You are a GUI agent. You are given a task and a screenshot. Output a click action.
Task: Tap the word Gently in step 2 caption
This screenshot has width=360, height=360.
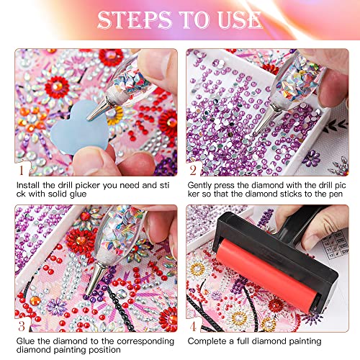coord(204,186)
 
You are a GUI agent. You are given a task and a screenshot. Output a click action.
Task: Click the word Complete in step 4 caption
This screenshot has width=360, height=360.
coord(210,341)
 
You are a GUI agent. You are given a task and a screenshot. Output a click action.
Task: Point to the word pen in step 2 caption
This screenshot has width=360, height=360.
coord(339,197)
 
